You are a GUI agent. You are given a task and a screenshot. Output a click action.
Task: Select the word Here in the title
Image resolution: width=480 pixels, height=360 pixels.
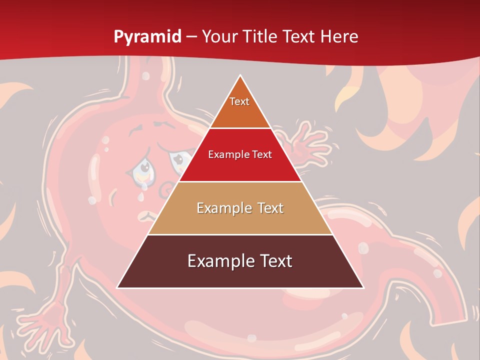pos(338,36)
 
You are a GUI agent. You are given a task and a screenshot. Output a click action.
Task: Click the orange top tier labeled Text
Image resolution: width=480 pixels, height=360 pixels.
pos(240,107)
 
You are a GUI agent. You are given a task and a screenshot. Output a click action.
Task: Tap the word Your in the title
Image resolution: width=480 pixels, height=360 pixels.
pos(218,36)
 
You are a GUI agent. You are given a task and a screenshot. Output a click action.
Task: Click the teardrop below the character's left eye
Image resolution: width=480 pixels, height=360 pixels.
pos(145,186)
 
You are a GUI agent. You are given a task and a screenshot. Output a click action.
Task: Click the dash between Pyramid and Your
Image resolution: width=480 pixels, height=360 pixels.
pos(191,37)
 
